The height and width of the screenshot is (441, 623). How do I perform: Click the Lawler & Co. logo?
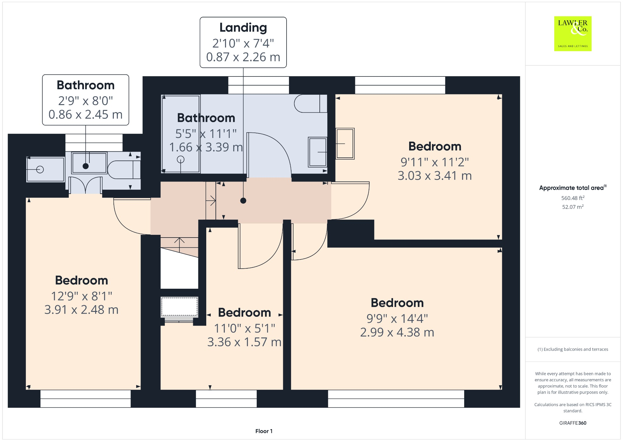[573, 34]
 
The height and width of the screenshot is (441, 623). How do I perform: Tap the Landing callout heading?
[243, 28]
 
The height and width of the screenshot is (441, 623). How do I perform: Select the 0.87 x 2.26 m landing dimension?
[243, 57]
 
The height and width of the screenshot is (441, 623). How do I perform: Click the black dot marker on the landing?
[243, 201]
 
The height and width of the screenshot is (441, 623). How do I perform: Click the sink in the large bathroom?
[318, 152]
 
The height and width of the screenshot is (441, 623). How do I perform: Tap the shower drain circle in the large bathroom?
[181, 159]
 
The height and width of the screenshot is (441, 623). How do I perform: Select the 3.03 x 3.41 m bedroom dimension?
[434, 176]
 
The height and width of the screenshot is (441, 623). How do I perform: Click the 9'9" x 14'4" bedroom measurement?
[397, 319]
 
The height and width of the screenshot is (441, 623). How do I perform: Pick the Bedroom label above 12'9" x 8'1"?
[82, 280]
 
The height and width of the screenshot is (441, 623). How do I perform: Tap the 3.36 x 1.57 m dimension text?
[244, 342]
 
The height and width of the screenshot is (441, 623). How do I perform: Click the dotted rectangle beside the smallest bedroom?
[179, 306]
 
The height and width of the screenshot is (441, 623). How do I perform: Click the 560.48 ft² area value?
[573, 198]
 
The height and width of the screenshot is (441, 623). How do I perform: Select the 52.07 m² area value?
[573, 207]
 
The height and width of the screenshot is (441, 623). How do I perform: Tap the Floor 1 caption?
[264, 431]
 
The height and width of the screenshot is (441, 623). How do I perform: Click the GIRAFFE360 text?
[573, 423]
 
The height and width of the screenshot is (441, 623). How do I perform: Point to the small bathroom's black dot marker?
[86, 166]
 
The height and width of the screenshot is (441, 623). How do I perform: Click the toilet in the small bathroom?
[123, 170]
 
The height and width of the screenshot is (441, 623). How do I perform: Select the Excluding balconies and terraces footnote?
[573, 349]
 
